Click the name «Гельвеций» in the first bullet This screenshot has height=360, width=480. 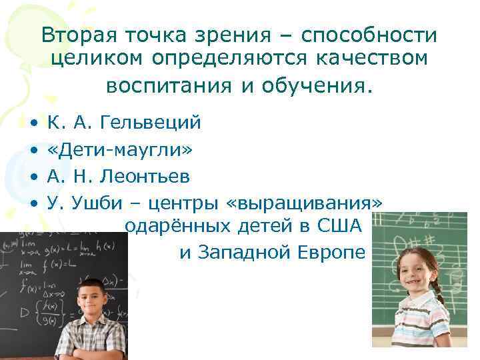click(x=153, y=123)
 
